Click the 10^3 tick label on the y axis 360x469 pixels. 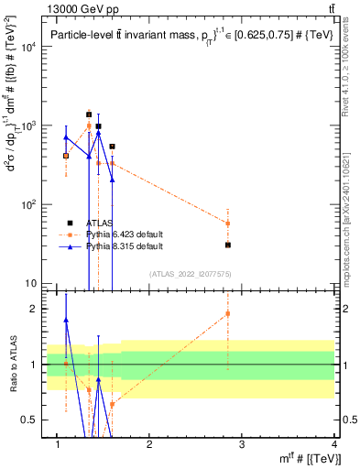point(27,125)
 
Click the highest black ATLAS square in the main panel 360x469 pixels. point(89,115)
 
